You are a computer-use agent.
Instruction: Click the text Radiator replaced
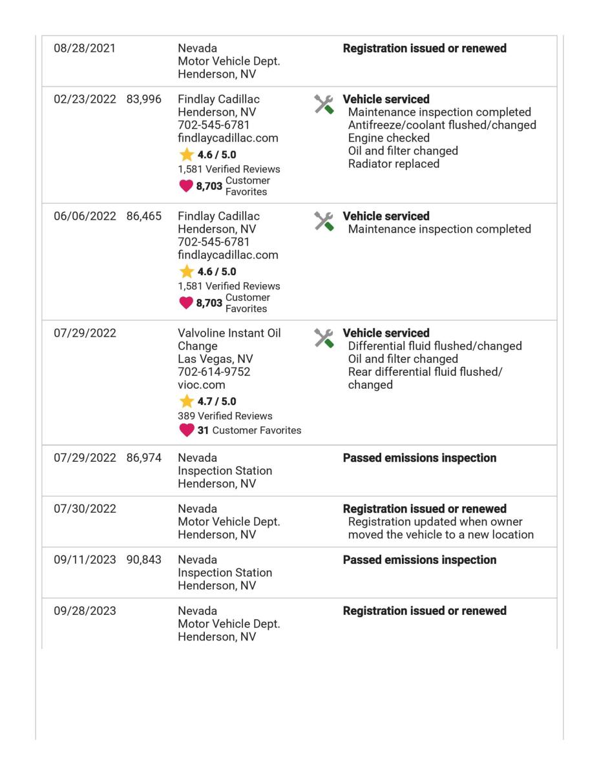[x=394, y=163]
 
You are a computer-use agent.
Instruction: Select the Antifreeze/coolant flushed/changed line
[x=442, y=125]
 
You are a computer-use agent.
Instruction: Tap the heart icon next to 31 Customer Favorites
[x=186, y=430]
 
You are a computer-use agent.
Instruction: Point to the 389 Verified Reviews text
[x=225, y=416]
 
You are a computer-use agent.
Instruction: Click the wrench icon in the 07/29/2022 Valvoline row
[x=324, y=338]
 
